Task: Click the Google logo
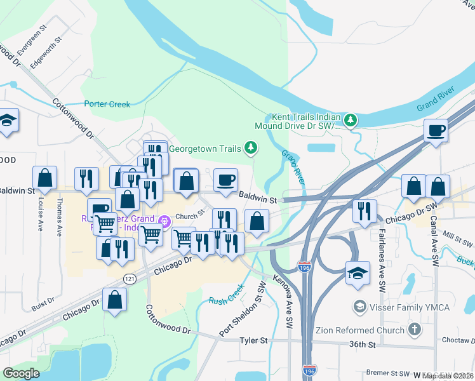pos(22,373)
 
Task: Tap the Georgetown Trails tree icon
pos(251,149)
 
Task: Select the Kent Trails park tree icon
pos(350,119)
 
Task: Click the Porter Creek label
pos(107,104)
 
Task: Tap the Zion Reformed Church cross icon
pos(414,330)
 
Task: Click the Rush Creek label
pos(227,291)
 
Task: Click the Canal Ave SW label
pos(437,238)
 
